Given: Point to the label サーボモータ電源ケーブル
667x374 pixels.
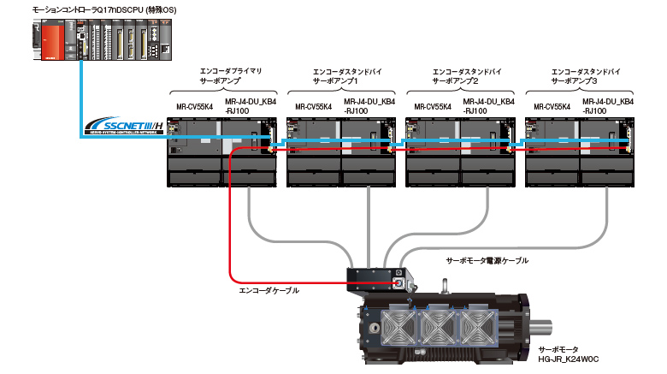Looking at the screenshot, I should [487, 260].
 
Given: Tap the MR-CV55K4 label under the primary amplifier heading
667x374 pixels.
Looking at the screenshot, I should [194, 107].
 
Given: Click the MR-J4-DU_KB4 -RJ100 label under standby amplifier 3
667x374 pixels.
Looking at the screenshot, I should [608, 106].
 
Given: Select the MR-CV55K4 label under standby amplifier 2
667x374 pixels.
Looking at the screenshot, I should [433, 107].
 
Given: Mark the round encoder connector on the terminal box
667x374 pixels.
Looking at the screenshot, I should [398, 280].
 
